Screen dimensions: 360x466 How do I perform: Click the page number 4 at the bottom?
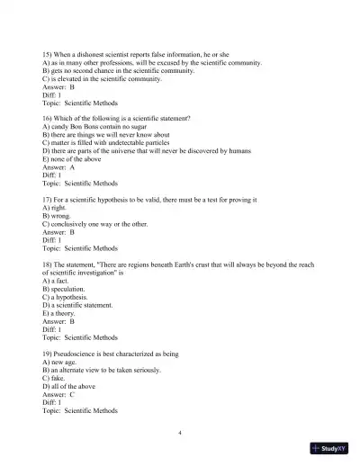click(x=180, y=433)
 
